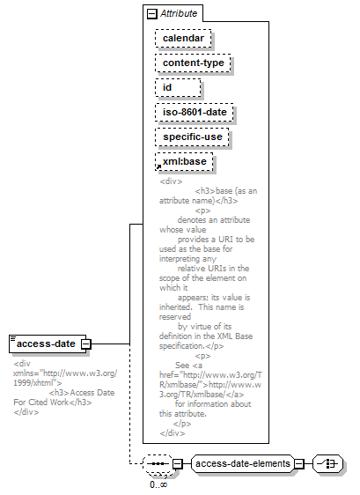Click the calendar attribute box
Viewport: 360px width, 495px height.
[183, 39]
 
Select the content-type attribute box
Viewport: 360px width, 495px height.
[193, 63]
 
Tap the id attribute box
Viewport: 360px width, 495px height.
[178, 88]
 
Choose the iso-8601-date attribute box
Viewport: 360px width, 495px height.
[195, 113]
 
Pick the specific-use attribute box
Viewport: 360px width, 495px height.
[192, 137]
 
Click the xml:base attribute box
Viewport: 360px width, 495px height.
[184, 162]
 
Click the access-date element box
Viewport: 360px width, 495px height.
[48, 344]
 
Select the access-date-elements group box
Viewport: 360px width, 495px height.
[243, 464]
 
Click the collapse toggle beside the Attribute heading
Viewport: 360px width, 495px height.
[152, 14]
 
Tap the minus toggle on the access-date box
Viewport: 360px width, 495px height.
[86, 344]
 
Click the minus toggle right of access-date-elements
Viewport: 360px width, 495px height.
[298, 464]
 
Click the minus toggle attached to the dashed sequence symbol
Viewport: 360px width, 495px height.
[178, 464]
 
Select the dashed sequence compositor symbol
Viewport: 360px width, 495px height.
[158, 464]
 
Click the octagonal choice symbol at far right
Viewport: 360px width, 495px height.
[327, 464]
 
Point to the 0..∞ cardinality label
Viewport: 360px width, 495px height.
[158, 484]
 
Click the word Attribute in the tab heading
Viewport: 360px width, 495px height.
[179, 13]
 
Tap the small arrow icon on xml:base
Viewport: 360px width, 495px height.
[158, 166]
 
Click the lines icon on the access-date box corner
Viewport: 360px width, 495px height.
[13, 339]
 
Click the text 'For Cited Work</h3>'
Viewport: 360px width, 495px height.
[53, 403]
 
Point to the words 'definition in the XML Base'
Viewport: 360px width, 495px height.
[206, 336]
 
